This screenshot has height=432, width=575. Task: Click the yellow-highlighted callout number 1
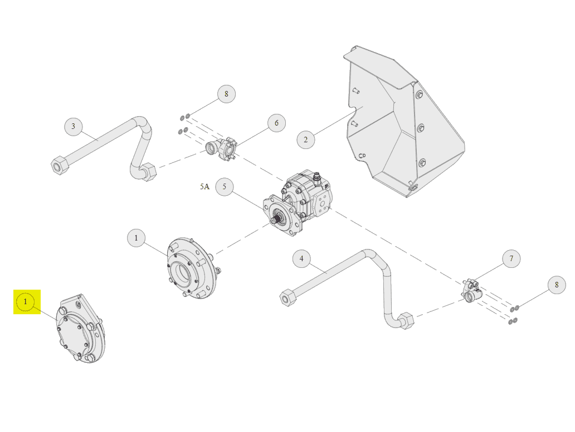point(25,302)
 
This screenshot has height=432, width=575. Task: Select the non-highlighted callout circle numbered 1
point(136,238)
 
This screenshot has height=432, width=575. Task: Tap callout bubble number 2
point(305,140)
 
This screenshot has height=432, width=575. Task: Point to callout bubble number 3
point(74,126)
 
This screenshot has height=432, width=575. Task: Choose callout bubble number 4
point(302,258)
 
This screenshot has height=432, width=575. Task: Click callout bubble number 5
point(225,186)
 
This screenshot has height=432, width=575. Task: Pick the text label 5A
point(204,186)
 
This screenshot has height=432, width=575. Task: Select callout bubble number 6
point(276,123)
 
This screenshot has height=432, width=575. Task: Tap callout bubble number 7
point(511,258)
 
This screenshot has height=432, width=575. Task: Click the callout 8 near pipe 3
point(226,94)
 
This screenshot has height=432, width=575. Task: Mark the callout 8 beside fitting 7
point(557,285)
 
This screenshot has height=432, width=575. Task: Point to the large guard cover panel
point(403,121)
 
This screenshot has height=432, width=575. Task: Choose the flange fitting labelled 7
point(471,291)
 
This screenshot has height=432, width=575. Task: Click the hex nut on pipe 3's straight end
point(60,166)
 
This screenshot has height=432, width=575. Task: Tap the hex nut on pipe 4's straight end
point(288,297)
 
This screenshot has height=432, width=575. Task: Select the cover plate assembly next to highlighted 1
point(80,329)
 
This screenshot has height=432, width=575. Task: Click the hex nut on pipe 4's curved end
point(406,321)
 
